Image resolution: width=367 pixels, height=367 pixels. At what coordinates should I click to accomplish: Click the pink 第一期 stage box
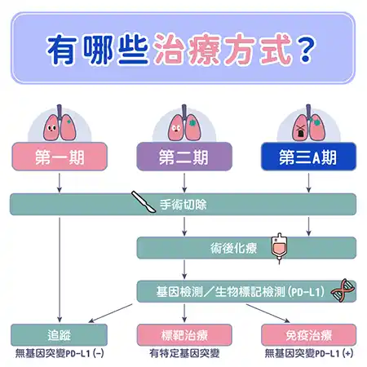pos(60,157)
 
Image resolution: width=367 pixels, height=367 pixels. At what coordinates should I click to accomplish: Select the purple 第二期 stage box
pos(184,157)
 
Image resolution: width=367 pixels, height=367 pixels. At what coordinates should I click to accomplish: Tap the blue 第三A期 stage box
pos(308,157)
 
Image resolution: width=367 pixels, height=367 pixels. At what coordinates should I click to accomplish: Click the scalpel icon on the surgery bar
pos(144,201)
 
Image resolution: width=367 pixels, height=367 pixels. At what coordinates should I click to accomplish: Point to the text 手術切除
pos(183,205)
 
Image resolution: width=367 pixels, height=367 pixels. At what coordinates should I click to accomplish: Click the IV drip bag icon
pos(279,248)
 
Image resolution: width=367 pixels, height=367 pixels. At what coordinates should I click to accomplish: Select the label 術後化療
pos(233,248)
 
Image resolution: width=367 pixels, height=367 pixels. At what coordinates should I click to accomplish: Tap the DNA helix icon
pos(343,290)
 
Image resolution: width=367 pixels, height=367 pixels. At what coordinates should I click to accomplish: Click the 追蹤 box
pos(59,335)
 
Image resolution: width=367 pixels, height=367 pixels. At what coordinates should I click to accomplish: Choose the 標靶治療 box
pos(184,335)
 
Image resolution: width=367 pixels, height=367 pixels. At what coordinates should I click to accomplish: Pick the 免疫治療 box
pos(308,335)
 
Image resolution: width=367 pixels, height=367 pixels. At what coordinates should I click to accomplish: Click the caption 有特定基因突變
pos(184,353)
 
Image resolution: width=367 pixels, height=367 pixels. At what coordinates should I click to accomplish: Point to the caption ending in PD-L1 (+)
pos(309,353)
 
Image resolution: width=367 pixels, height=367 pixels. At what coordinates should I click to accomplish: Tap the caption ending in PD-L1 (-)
pos(60,353)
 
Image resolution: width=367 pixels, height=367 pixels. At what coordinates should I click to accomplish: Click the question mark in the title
pos(305,50)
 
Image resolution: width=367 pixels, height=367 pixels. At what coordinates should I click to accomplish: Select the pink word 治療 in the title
pos(186,50)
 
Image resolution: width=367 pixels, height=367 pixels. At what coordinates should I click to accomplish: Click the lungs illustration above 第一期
pos(60,123)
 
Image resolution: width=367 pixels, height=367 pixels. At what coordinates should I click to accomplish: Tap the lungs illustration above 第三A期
pos(308,123)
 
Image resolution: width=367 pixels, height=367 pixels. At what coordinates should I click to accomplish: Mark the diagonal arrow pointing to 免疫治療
pos(268,313)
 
